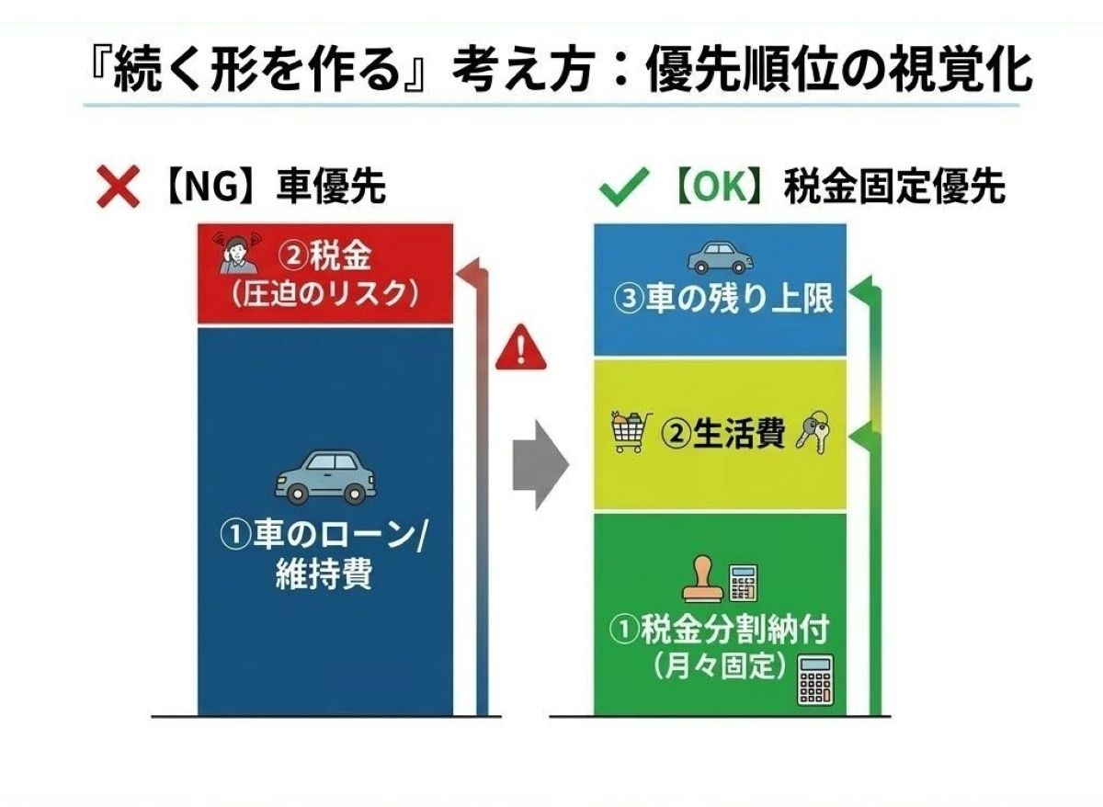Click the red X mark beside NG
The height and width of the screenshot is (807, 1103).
[x=117, y=189]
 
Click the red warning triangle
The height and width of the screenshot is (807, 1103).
[x=520, y=351]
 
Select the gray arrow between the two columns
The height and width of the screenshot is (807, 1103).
[x=540, y=466]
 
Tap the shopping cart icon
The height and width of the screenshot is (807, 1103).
[x=632, y=432]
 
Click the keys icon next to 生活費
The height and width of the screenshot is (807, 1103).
[x=812, y=433]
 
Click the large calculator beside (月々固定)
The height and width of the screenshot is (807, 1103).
[x=813, y=680]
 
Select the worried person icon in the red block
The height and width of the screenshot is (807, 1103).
[x=235, y=253]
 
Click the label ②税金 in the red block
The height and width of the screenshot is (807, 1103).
[x=325, y=256]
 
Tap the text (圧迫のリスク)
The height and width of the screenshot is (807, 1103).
[x=326, y=294]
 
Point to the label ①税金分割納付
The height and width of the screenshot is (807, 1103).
[x=720, y=630]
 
